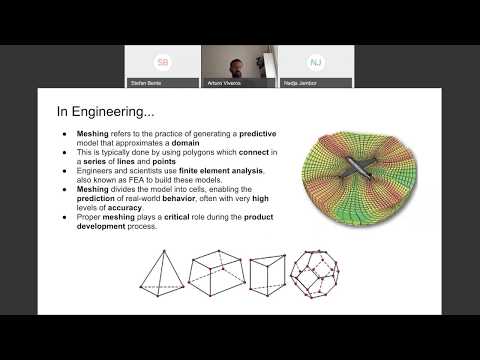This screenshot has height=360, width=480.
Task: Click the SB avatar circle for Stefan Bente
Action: [x=163, y=62]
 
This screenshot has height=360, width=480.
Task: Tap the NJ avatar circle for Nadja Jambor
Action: [x=315, y=62]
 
